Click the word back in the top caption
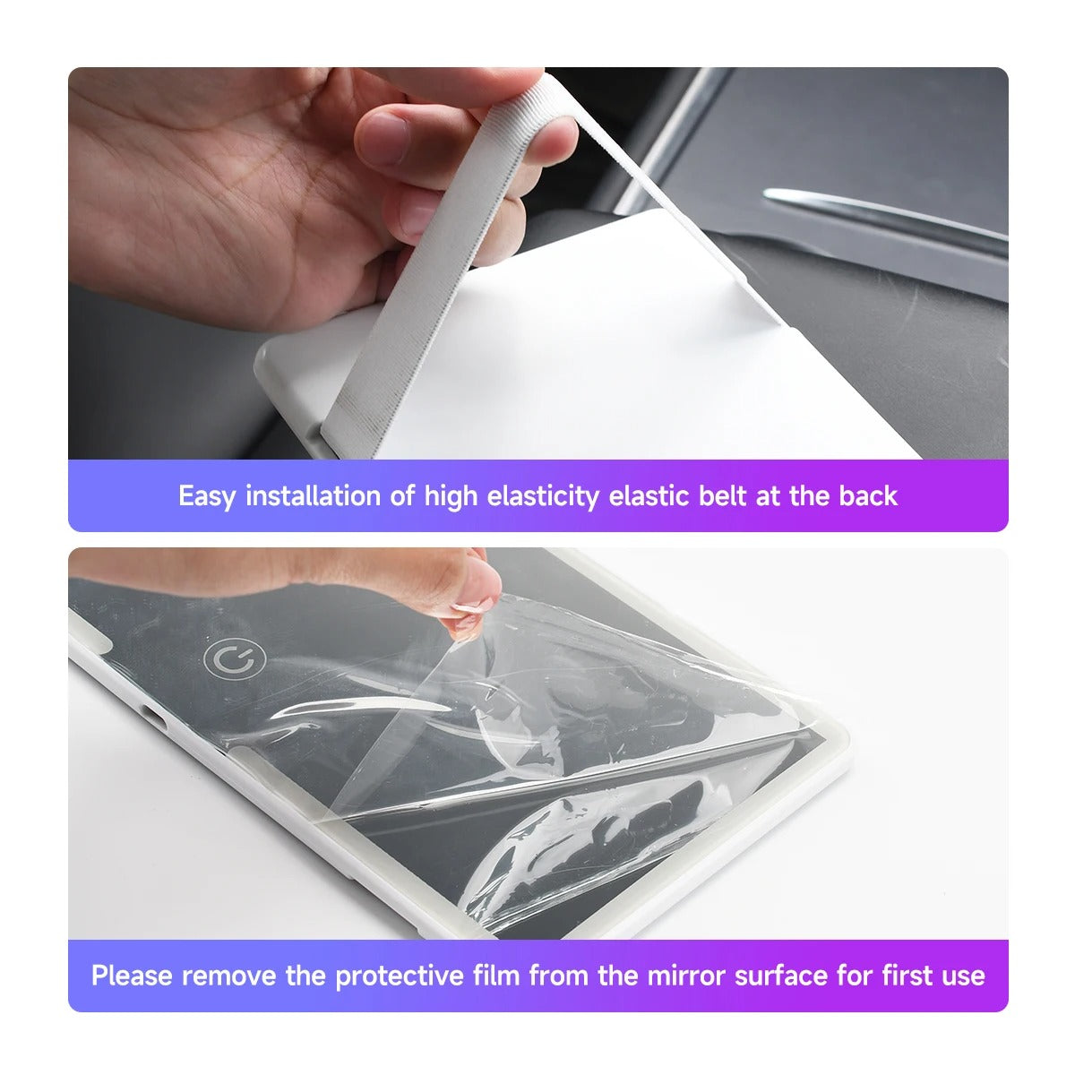click(868, 496)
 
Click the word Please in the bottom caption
click(133, 976)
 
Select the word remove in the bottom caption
click(230, 976)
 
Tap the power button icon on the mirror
click(235, 660)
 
